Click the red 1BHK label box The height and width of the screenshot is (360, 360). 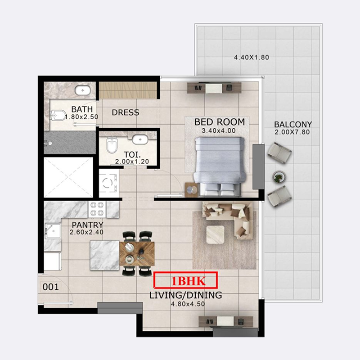[x=185, y=280]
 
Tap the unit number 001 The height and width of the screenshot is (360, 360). [x=50, y=287]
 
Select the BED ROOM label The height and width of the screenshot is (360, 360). [x=220, y=122]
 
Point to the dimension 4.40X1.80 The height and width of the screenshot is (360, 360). [x=252, y=57]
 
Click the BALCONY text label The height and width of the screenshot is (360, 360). [x=293, y=125]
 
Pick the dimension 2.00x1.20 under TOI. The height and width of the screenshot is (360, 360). [x=132, y=162]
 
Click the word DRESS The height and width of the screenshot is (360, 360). [x=126, y=112]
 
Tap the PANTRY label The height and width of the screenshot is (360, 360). [x=87, y=225]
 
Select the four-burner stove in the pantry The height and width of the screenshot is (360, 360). [x=97, y=209]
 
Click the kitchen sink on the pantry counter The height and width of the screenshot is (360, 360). [x=53, y=231]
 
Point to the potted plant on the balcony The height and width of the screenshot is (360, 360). [x=279, y=177]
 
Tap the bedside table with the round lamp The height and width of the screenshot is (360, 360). [x=191, y=189]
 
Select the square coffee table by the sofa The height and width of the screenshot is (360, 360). [x=215, y=234]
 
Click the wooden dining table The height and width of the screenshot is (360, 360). [x=137, y=253]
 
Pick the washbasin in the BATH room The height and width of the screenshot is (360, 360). [x=82, y=90]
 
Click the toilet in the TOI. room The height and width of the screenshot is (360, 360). [x=112, y=145]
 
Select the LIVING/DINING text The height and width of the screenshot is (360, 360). [x=185, y=295]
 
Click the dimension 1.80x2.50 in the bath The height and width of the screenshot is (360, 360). [x=81, y=117]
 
